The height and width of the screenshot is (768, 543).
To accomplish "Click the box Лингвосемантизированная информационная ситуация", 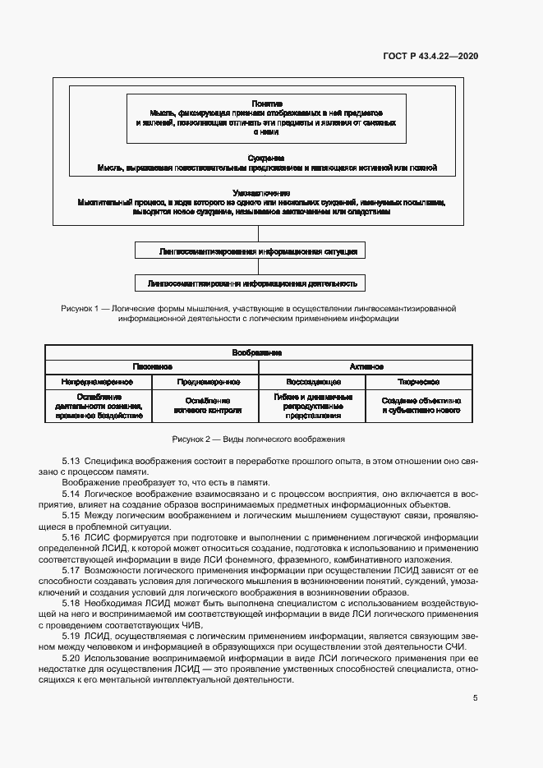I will coord(251,251).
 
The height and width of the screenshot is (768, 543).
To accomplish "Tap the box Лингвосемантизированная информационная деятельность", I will coord(251,283).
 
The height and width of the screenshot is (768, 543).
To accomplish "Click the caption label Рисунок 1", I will coord(80,308).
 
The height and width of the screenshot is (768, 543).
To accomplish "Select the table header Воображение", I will coord(258,352).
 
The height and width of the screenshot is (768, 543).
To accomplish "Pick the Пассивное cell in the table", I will coord(152,366).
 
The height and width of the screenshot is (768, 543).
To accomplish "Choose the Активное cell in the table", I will coord(366,366).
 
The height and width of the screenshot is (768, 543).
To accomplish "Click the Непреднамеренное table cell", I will coord(99,382).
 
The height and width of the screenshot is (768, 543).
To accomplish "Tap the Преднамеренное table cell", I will coord(206,382).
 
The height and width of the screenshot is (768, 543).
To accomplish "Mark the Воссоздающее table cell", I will coord(312,382).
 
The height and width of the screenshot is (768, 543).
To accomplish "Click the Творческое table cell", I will coord(420,382).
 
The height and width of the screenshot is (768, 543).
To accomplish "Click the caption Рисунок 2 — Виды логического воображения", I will coord(258,439).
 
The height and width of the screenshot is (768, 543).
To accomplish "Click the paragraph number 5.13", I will coord(71,462).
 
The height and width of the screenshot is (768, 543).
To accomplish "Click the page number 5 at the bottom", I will coord(475,698).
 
